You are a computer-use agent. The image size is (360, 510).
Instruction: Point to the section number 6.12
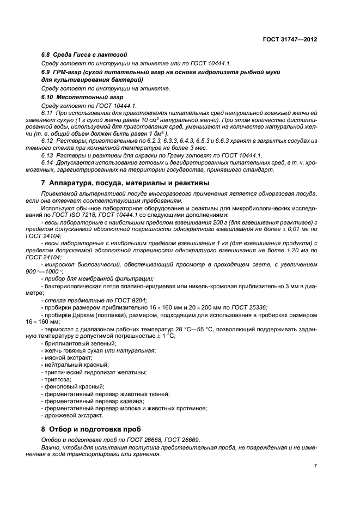[x=47, y=141]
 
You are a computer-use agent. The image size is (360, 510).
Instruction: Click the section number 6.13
[x=47, y=155]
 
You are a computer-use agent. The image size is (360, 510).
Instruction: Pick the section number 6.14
[x=47, y=162]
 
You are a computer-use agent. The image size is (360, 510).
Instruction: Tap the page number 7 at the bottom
[x=315, y=466]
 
